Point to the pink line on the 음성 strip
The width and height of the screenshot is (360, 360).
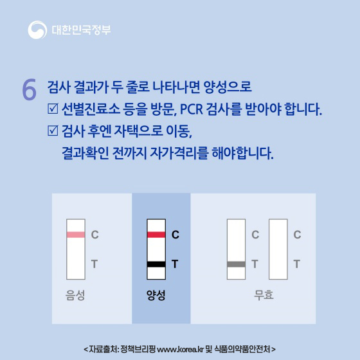coord(76,235)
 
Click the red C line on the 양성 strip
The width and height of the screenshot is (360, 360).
coord(156,235)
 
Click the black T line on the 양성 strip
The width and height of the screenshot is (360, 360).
coord(156,264)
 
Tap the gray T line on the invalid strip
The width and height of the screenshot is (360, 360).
coord(237,264)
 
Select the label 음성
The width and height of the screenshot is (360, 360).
coord(76,296)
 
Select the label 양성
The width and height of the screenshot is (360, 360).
coord(156,296)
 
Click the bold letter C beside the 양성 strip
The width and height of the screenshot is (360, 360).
coord(175,235)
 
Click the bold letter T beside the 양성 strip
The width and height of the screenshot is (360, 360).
coord(175,264)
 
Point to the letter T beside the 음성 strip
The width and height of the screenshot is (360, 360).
coord(94,264)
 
